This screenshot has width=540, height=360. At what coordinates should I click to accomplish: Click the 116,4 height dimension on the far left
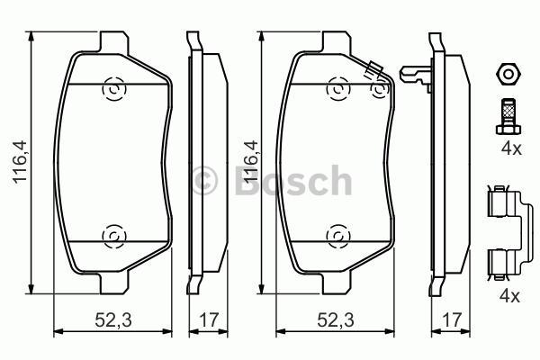[20, 161]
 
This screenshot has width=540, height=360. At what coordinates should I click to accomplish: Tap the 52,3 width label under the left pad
[113, 320]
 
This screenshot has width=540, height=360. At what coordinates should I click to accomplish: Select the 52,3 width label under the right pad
[336, 320]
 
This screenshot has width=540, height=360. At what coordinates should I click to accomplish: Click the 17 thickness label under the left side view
[209, 320]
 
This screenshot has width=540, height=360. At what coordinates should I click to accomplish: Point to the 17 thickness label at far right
[451, 320]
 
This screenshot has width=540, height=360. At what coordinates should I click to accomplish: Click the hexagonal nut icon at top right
[508, 75]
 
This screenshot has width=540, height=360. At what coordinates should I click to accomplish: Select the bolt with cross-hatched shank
[508, 116]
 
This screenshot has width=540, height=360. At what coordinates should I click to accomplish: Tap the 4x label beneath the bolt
[511, 148]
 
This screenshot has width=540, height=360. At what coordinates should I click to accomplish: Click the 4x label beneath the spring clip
[510, 295]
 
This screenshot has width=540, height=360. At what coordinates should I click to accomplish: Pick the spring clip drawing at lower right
[509, 234]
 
